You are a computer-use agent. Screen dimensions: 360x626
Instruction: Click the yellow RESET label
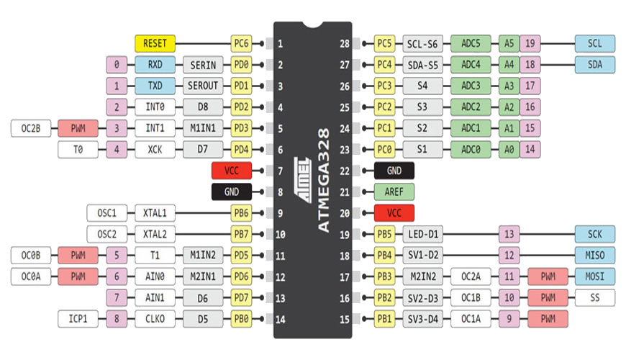click(x=155, y=43)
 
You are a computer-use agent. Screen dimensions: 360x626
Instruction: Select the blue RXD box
click(x=155, y=65)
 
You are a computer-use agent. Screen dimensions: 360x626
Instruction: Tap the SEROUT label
click(x=203, y=86)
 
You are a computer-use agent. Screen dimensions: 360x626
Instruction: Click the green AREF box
click(x=394, y=192)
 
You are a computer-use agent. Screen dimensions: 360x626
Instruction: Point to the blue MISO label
click(x=595, y=256)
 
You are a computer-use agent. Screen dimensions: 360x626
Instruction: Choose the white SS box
click(x=595, y=297)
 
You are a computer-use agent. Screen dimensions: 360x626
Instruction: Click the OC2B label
click(x=31, y=129)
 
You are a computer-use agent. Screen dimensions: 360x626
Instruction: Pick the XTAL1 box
click(x=155, y=213)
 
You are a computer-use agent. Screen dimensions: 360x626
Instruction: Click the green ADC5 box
click(x=471, y=43)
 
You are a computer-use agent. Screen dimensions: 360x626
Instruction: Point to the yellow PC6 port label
click(x=241, y=43)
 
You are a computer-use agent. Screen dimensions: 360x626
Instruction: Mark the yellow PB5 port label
click(x=385, y=235)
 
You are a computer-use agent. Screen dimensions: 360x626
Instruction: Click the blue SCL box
click(x=595, y=43)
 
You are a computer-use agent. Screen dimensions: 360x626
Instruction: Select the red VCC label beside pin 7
click(x=231, y=171)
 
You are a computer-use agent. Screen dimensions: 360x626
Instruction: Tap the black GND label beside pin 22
click(x=394, y=171)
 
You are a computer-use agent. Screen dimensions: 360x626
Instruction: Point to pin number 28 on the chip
click(x=345, y=43)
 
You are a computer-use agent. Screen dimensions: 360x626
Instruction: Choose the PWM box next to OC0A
click(x=78, y=276)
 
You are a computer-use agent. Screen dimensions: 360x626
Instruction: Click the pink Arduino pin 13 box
click(x=509, y=235)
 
